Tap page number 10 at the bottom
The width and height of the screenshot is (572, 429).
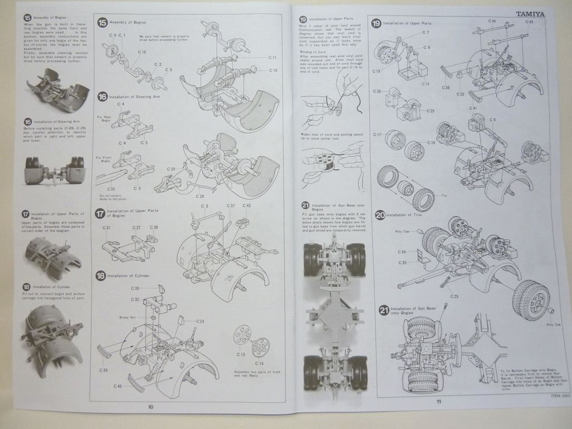tap(150, 407)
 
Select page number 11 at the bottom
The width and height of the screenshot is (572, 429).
tap(439, 402)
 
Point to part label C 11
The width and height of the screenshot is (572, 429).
tap(273, 58)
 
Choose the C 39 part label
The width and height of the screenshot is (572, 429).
tap(104, 370)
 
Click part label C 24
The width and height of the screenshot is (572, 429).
tap(200, 321)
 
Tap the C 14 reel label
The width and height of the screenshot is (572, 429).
tap(259, 363)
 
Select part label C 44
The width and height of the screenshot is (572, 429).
tap(492, 21)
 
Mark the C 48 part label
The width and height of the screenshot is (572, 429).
tap(529, 22)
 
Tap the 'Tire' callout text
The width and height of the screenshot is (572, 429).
tap(445, 196)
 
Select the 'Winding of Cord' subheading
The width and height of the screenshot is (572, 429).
tap(313, 51)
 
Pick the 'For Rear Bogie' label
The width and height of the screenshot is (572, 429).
tap(103, 119)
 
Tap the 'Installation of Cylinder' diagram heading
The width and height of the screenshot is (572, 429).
tap(130, 275)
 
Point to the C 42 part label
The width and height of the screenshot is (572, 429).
tap(246, 206)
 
